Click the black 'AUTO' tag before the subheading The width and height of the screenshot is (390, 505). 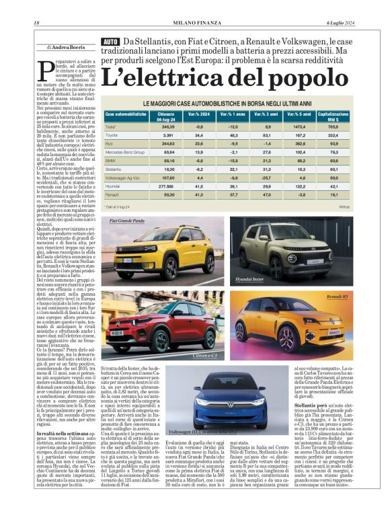[x=110, y=42]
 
